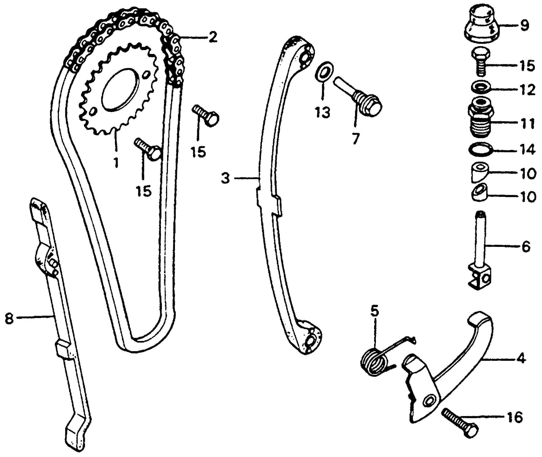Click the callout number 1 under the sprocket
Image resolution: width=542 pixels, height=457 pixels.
point(116,163)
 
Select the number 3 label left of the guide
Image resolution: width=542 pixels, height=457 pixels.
point(225,178)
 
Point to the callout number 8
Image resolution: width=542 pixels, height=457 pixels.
point(9,320)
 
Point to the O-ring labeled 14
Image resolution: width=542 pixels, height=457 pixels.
point(481,149)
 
